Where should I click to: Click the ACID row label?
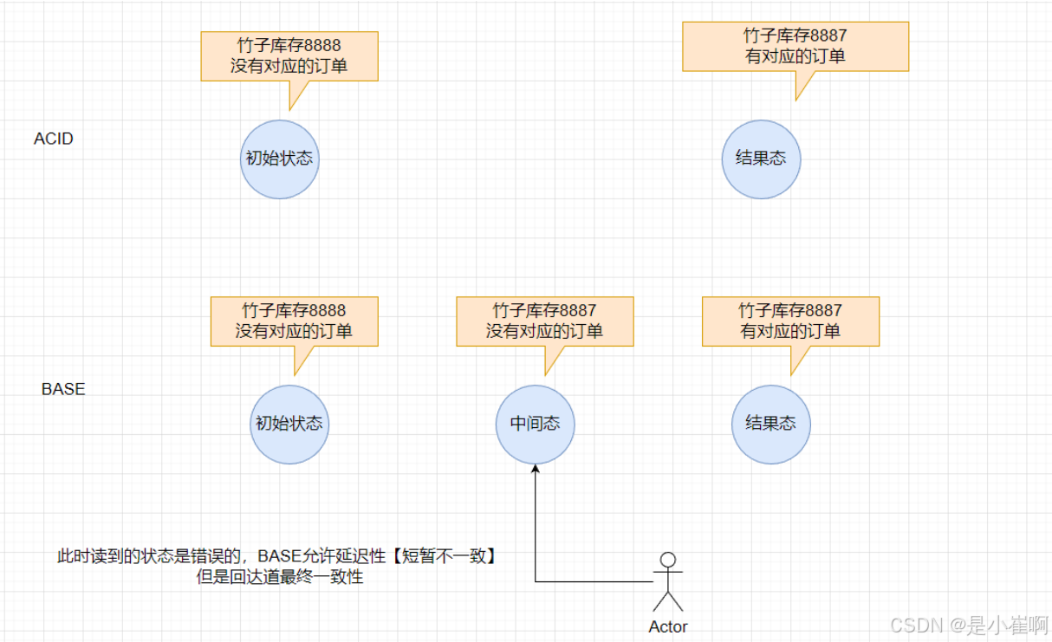click(54, 139)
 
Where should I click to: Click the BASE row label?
click(63, 389)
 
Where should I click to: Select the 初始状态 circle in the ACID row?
click(279, 159)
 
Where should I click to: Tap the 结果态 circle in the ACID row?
click(761, 159)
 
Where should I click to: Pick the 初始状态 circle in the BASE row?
click(289, 424)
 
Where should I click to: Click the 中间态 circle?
click(535, 424)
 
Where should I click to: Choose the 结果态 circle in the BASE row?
click(770, 424)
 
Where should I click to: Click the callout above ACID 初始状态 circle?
click(289, 56)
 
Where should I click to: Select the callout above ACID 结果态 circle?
click(795, 47)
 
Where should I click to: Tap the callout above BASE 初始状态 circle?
click(294, 321)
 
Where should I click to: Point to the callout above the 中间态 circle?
click(544, 321)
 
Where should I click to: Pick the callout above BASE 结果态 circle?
click(790, 321)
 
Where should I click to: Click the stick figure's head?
click(667, 560)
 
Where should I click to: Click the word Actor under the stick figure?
click(668, 626)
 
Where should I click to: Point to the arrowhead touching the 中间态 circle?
click(536, 469)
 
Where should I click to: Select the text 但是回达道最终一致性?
click(280, 577)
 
